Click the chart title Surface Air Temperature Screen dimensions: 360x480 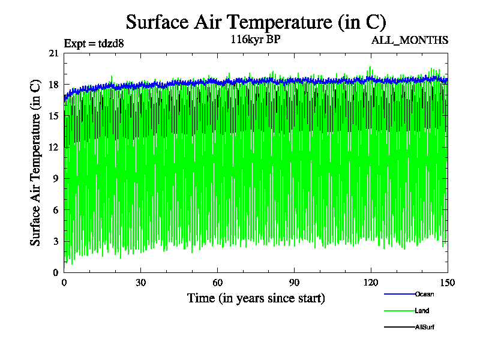click(x=255, y=22)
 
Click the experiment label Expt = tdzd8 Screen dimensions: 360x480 click(x=94, y=43)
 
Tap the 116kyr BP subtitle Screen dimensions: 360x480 click(x=255, y=40)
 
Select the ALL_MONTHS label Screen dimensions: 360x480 click(x=410, y=40)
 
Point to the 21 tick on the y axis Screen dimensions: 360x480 click(x=54, y=53)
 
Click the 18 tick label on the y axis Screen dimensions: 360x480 click(x=54, y=85)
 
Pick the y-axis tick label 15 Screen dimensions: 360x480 click(x=54, y=116)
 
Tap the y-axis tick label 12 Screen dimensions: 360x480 click(x=54, y=147)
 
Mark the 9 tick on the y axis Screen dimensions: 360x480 click(x=56, y=178)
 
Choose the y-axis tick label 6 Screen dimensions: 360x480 click(x=56, y=209)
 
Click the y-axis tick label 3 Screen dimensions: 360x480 click(x=56, y=241)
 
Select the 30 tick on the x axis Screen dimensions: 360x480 click(x=141, y=283)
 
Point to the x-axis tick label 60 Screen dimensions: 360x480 click(x=218, y=283)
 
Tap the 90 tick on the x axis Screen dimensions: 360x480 click(x=295, y=283)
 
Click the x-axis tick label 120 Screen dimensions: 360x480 click(x=371, y=283)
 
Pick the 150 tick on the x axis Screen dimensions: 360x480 click(x=448, y=283)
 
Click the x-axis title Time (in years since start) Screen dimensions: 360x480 click(x=256, y=298)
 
